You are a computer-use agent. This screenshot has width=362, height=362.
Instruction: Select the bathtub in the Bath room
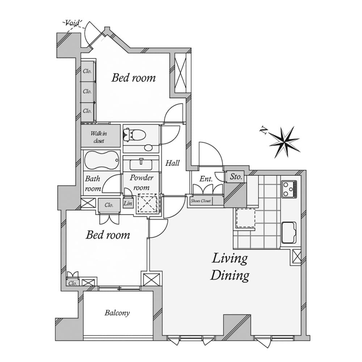[102, 160]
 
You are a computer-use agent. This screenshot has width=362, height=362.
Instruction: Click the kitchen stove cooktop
[289, 189]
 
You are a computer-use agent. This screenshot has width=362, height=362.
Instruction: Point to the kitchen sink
[289, 232]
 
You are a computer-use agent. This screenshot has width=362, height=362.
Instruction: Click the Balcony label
[117, 313]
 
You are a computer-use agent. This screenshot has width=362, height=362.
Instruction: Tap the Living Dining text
[230, 267]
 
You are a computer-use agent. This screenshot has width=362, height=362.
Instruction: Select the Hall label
[173, 163]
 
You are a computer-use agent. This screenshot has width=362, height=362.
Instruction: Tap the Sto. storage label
[236, 177]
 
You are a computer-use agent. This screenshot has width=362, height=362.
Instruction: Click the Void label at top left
[73, 23]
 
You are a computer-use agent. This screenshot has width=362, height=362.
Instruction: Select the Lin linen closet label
[128, 203]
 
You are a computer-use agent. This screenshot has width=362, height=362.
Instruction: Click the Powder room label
[141, 182]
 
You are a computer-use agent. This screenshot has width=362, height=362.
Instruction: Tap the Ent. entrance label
[206, 179]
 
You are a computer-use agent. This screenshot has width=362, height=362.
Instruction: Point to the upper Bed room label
[133, 77]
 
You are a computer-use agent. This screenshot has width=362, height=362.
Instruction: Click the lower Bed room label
[108, 235]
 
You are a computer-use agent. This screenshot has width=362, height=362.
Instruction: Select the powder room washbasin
[141, 165]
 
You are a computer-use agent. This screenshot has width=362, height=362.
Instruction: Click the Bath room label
[93, 184]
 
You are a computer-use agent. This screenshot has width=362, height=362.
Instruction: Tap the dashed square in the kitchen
[246, 218]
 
